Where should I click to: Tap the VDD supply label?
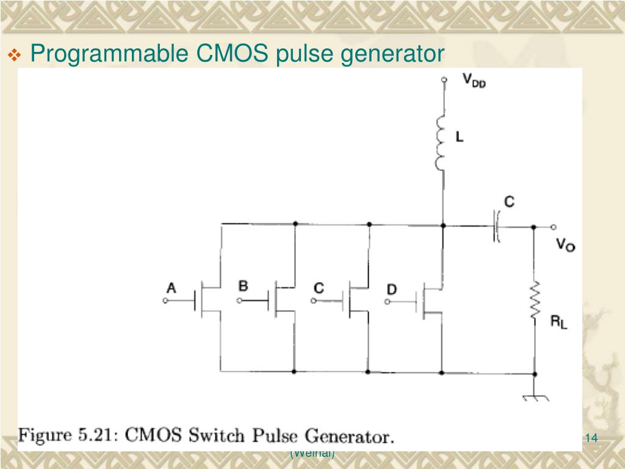(474, 81)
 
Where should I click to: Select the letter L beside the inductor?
(460, 138)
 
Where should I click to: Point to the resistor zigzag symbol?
(535, 299)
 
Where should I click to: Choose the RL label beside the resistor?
(558, 323)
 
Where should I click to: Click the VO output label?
(565, 245)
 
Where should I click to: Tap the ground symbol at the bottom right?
(535, 396)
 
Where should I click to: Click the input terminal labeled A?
(165, 301)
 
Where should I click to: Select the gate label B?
(243, 286)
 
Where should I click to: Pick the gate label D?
(391, 288)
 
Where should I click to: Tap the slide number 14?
(590, 437)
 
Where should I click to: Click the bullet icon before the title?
(15, 56)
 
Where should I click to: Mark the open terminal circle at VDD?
(444, 79)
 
